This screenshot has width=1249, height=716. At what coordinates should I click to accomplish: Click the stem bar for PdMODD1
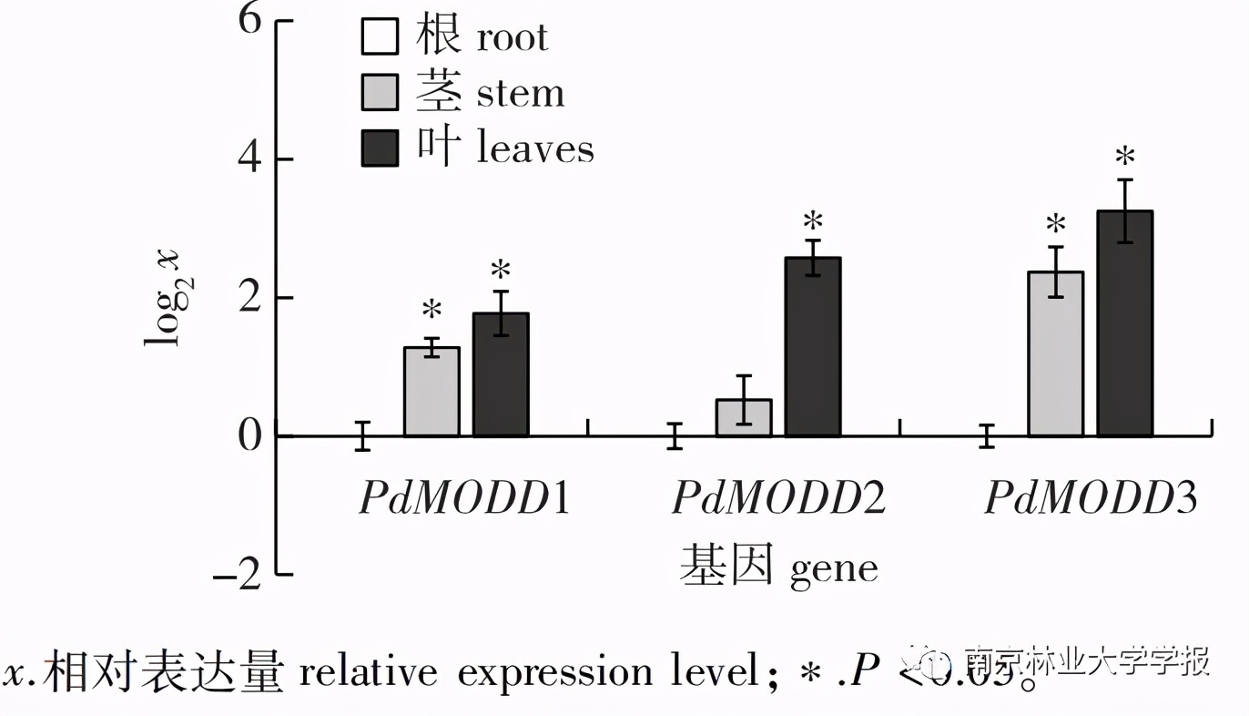point(432,392)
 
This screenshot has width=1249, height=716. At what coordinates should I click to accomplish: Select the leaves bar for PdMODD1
point(501,374)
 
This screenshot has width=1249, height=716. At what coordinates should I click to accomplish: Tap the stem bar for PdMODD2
point(744,418)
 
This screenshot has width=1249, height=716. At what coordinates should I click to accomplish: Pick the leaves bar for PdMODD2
point(813,347)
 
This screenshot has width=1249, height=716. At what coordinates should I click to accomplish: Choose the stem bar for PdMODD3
point(1056,354)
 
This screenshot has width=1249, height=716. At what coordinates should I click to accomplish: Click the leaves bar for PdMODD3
point(1125,323)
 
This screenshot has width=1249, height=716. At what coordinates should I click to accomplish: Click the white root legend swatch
point(380,38)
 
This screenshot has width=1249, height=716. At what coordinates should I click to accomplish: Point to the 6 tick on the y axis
point(249,20)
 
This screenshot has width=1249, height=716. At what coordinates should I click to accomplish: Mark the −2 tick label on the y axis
point(239,575)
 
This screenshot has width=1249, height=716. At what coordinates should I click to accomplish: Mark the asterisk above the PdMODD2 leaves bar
point(813,221)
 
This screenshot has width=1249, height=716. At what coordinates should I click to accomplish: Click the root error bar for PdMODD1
point(362,435)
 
